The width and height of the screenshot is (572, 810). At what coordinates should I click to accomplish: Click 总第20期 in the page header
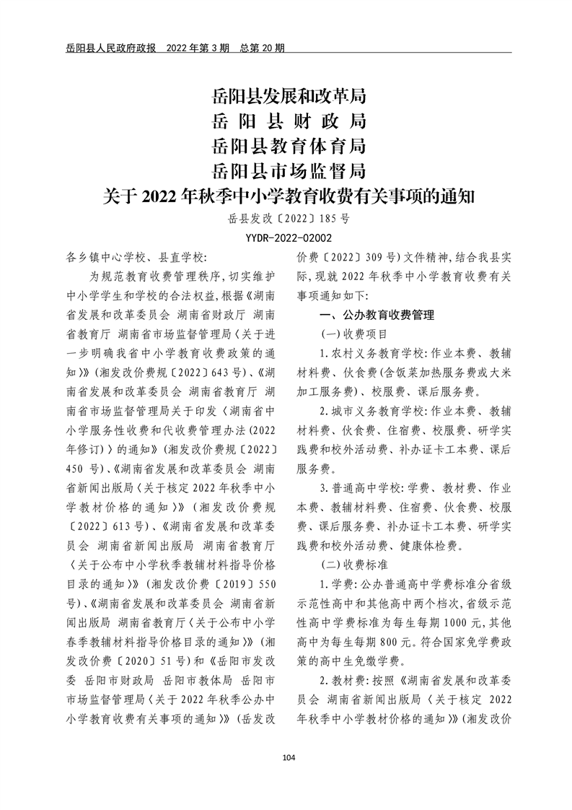pyautogui.click(x=264, y=49)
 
